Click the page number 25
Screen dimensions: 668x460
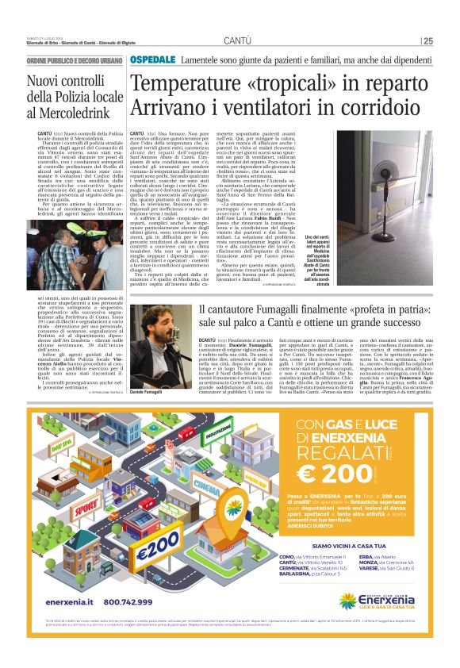coord(427,41)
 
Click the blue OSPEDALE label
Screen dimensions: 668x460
coord(153,60)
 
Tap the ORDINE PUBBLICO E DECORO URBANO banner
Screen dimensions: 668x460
coord(75,61)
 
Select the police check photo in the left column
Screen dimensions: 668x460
coord(74,258)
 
